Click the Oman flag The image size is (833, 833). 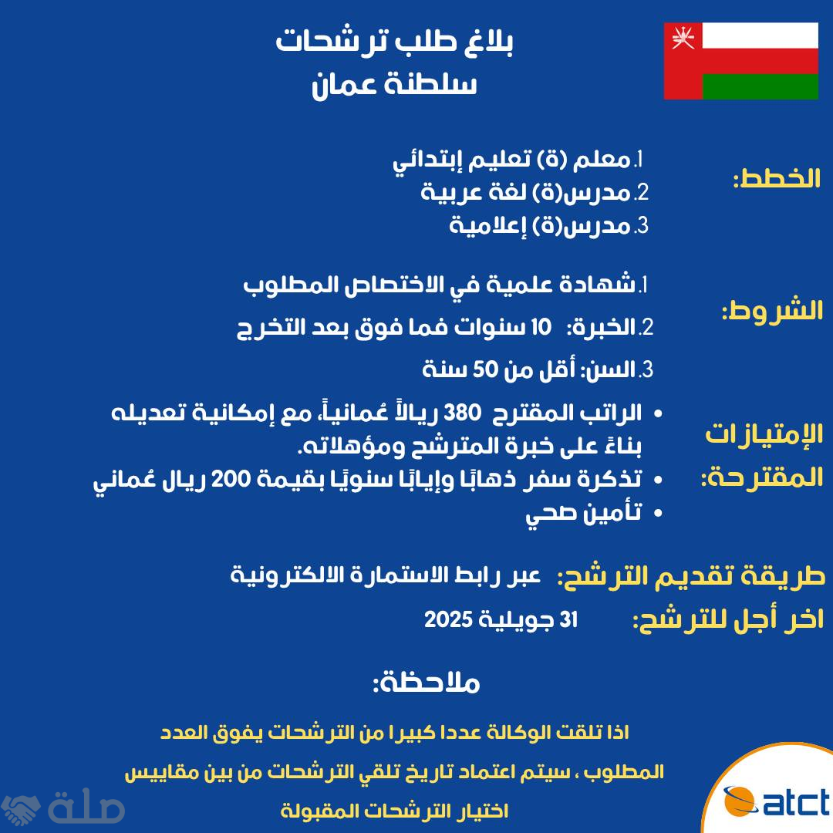point(740,61)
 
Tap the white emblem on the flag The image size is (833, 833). point(683,37)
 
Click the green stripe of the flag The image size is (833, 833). point(760,86)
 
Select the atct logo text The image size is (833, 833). point(795,802)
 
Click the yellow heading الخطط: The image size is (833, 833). point(777,178)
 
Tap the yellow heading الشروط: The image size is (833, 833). point(772,310)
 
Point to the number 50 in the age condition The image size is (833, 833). point(485,369)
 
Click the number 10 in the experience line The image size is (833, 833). point(541,327)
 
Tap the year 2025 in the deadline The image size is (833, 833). point(448,619)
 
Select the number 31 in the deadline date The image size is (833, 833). point(569,619)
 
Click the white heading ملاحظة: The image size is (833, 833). point(426,683)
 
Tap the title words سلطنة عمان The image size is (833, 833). point(394,83)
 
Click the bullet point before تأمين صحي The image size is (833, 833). point(658,513)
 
